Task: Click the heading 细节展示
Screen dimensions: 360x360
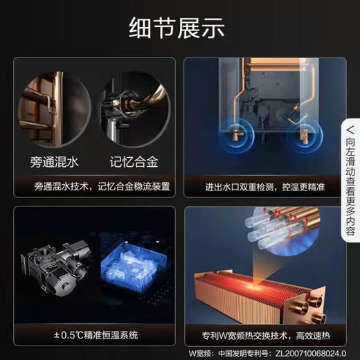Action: pyautogui.click(x=179, y=29)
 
